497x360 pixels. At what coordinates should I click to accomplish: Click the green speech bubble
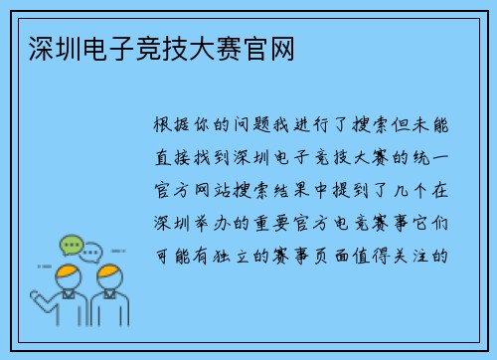72,245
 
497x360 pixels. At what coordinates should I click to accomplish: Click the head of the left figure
69,275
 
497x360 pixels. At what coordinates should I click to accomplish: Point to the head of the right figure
109,275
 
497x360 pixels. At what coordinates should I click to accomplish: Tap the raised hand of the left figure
36,295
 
